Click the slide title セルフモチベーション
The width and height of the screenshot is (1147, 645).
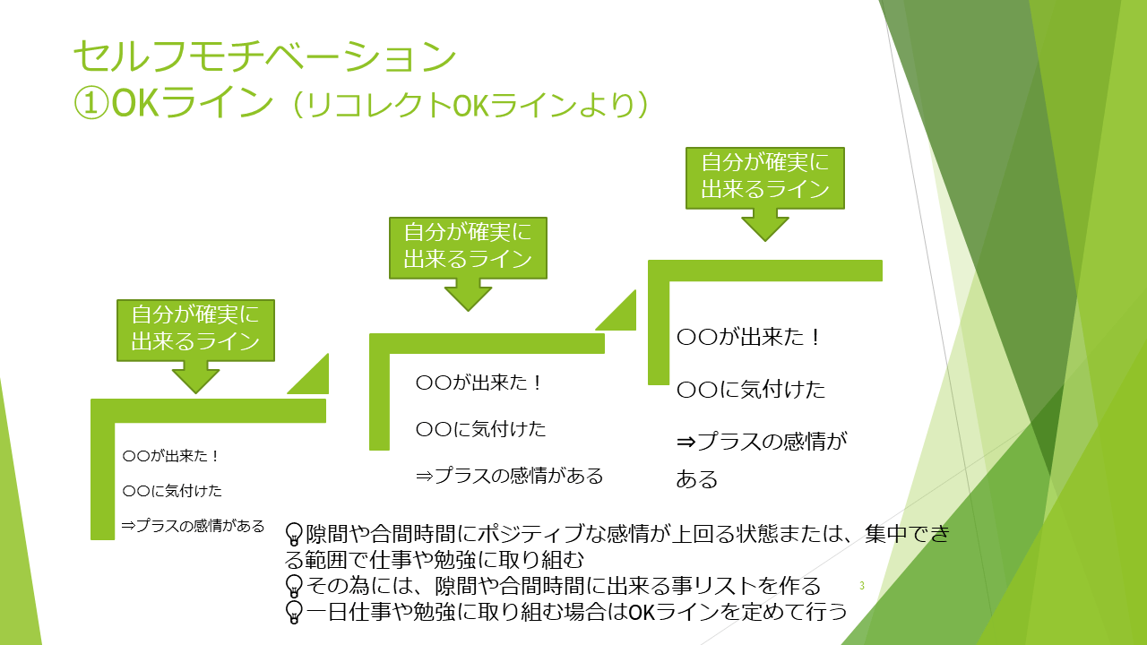[x=264, y=56]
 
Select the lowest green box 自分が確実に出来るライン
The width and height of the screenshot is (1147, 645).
[x=195, y=329]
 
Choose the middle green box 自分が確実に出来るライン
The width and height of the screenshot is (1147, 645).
[x=468, y=246]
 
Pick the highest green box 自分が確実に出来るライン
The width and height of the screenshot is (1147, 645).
[x=764, y=176]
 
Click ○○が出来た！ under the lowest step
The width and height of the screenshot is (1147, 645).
[x=171, y=456]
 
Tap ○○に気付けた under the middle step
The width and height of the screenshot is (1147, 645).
[x=481, y=429]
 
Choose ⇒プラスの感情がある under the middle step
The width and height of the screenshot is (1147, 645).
[x=510, y=476]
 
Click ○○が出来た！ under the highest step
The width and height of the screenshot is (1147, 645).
[x=749, y=338]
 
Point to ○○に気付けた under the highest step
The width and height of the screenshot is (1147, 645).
[x=751, y=391]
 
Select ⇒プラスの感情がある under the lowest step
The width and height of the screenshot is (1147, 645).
[x=193, y=526]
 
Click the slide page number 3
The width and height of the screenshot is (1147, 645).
[x=861, y=586]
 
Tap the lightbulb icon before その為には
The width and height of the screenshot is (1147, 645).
[x=293, y=587]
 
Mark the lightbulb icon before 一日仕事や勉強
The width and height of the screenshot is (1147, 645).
[x=293, y=613]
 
